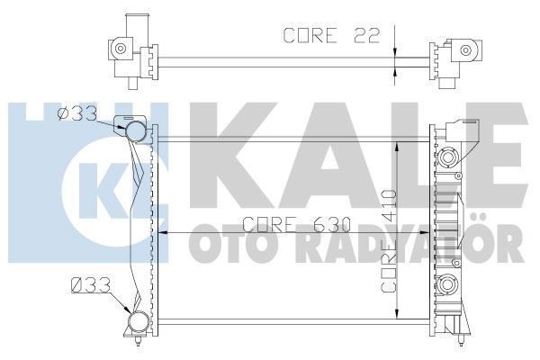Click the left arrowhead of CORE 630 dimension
click(164, 233)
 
